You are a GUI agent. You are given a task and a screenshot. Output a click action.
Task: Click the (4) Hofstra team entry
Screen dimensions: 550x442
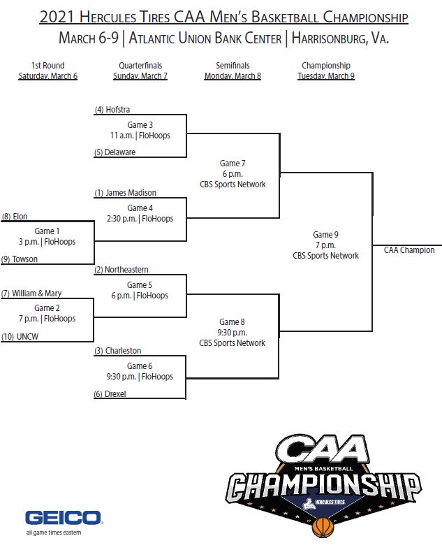coord(112,109)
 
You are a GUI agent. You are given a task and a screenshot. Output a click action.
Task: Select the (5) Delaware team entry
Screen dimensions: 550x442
coord(115,152)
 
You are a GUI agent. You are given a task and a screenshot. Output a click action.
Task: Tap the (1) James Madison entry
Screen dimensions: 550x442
coord(126,193)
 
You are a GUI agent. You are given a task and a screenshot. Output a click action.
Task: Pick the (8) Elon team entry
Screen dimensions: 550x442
coord(15,217)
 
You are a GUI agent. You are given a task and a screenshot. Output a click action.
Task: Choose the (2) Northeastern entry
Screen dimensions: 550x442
coord(121,270)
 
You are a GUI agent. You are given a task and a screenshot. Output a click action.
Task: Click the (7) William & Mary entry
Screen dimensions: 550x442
coord(31,294)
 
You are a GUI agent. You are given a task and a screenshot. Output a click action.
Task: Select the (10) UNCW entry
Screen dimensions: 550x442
coord(20,336)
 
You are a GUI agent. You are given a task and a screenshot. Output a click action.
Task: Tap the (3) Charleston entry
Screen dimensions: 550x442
coord(118,351)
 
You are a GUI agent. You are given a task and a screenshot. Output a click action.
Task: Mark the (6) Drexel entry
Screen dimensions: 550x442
coord(111,394)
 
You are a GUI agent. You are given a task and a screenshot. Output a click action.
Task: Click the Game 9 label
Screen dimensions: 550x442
coord(325,235)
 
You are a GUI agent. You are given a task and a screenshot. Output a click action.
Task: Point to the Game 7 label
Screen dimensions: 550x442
coord(233,164)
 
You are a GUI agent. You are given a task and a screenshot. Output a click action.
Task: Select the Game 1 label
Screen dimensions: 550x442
coord(47,230)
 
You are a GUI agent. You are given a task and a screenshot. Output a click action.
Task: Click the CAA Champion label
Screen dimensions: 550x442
coord(409,250)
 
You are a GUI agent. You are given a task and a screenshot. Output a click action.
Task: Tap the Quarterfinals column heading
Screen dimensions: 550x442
coord(140,66)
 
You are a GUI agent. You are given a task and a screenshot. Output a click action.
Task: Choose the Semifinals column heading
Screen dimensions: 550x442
coord(233,66)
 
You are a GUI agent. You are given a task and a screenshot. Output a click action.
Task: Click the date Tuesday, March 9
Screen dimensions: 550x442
coord(325,76)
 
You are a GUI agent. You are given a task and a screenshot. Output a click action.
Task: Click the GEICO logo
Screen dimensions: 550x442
coord(64,518)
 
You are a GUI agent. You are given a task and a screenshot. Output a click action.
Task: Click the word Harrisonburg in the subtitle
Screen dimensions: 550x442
coord(324,38)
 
